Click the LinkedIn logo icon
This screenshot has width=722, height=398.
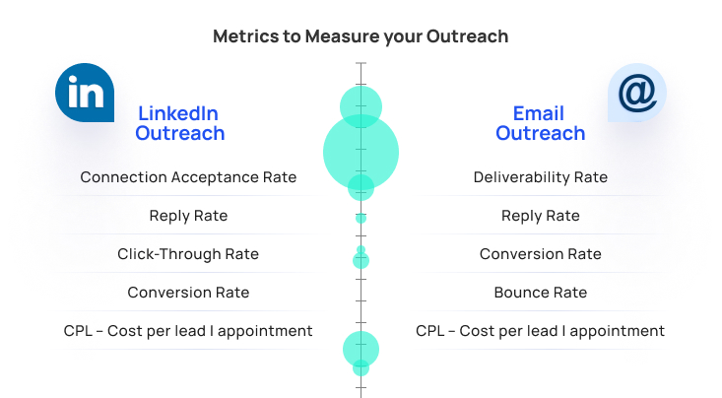[85, 93]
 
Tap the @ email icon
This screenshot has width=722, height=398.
[637, 93]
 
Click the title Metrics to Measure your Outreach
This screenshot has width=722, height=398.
[361, 36]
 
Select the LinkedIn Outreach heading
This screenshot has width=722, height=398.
[180, 123]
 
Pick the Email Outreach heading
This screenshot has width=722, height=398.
[540, 123]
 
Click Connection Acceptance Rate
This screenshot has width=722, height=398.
[188, 177]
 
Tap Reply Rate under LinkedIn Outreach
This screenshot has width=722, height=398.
[188, 216]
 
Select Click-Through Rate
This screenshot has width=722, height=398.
[188, 254]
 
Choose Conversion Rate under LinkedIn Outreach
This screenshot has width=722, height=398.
[188, 293]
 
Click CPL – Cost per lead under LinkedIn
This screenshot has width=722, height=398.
[188, 331]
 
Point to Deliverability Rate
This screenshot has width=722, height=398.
[541, 177]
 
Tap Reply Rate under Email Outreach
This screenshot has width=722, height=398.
[541, 216]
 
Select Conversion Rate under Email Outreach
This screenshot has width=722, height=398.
[541, 254]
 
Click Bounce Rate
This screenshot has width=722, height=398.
[541, 293]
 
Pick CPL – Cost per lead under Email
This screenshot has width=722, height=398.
[540, 331]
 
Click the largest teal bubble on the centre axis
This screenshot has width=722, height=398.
[361, 152]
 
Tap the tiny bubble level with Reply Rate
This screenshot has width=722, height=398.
[361, 218]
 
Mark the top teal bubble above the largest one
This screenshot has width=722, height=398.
[361, 106]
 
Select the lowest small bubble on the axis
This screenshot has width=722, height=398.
[361, 367]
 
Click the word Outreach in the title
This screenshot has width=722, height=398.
[467, 36]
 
